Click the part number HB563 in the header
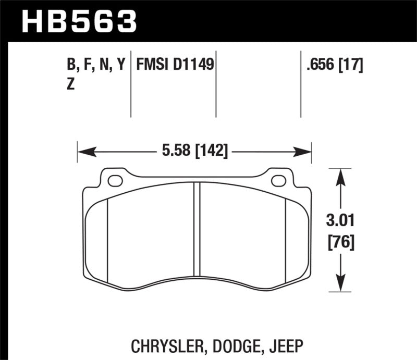[78, 21]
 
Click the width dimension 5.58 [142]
[193, 152]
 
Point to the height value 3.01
[340, 221]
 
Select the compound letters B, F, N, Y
[96, 65]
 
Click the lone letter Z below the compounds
[70, 85]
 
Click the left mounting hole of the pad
[115, 181]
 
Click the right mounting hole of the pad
[279, 181]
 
